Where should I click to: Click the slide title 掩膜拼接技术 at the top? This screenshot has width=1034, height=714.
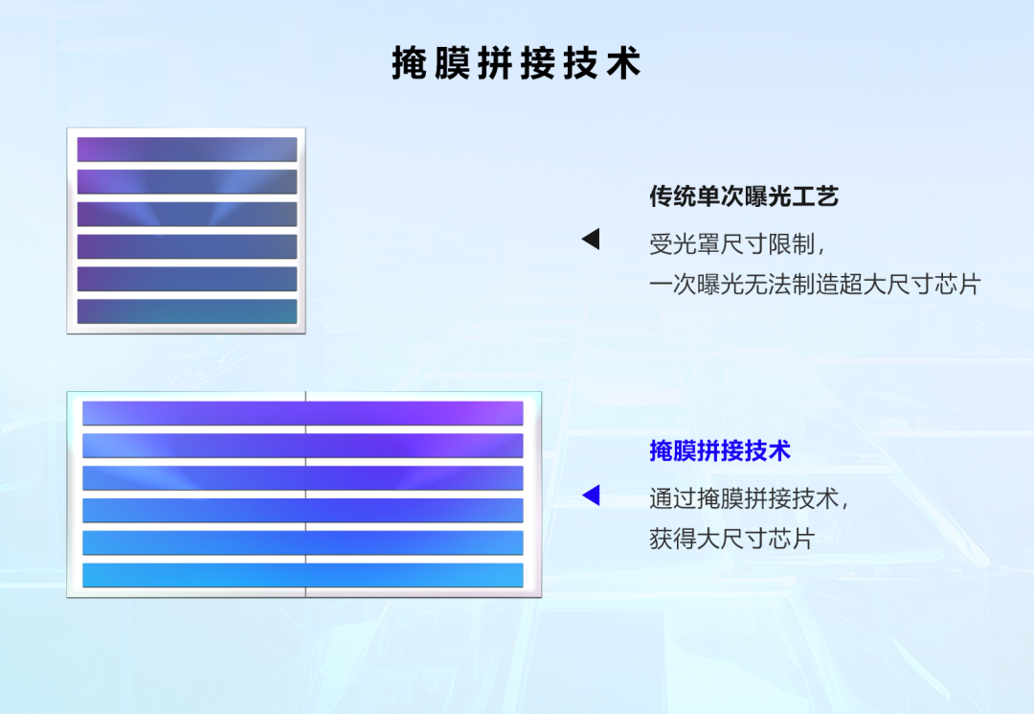tap(516, 63)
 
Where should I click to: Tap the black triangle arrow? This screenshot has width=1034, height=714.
tap(592, 240)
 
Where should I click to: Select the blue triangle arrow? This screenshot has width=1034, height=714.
tap(592, 495)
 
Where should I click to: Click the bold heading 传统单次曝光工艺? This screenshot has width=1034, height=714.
tap(744, 197)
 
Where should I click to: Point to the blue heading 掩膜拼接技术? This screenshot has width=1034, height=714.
tap(720, 450)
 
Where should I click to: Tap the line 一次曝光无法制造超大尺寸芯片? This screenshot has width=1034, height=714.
tap(815, 285)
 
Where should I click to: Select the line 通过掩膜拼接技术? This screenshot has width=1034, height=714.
tap(749, 498)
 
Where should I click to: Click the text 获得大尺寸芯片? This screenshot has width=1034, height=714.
tap(731, 539)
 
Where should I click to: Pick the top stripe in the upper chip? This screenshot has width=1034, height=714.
tap(187, 150)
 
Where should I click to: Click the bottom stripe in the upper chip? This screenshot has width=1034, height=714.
tap(187, 311)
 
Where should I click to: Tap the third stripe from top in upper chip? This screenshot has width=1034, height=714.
tap(187, 214)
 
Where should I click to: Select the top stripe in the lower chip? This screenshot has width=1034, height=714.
tap(303, 413)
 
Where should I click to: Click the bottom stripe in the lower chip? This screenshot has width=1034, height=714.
tap(303, 575)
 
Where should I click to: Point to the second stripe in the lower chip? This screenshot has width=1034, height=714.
tap(303, 446)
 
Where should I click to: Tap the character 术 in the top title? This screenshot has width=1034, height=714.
tap(624, 63)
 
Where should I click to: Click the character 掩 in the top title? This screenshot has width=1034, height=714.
tap(409, 63)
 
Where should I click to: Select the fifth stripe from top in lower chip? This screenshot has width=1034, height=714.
tap(303, 542)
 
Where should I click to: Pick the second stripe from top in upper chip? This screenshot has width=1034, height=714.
tap(187, 182)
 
